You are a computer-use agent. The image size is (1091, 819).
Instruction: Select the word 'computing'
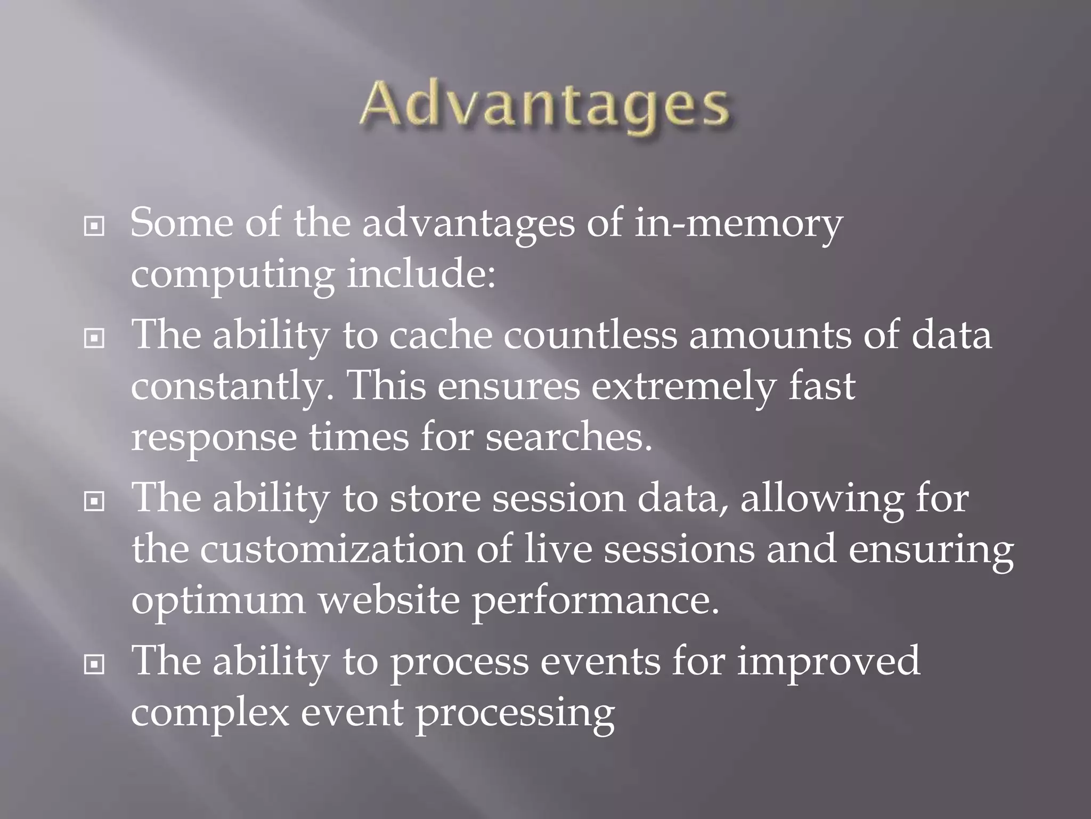(x=233, y=276)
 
